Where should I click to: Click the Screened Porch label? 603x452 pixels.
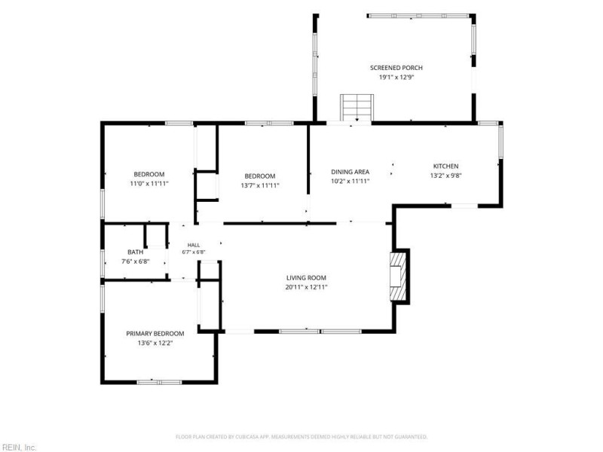pyautogui.click(x=396, y=68)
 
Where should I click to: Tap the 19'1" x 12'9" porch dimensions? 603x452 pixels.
pyautogui.click(x=396, y=78)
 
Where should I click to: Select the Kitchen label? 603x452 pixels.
pyautogui.click(x=445, y=166)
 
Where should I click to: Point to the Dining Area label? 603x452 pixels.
pyautogui.click(x=350, y=172)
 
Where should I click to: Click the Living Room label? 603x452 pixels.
pyautogui.click(x=306, y=278)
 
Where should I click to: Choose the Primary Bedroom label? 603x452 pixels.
pyautogui.click(x=155, y=334)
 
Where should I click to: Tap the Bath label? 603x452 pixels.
pyautogui.click(x=136, y=252)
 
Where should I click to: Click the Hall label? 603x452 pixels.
pyautogui.click(x=194, y=246)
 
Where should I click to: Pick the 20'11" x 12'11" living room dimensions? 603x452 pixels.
pyautogui.click(x=306, y=287)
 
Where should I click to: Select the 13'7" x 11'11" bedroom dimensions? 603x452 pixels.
pyautogui.click(x=260, y=185)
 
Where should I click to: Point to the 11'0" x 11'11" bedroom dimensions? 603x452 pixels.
pyautogui.click(x=149, y=184)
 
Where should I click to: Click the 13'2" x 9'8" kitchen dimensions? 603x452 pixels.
pyautogui.click(x=445, y=176)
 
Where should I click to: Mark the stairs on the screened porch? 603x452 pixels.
pyautogui.click(x=357, y=108)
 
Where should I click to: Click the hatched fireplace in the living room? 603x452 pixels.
pyautogui.click(x=398, y=276)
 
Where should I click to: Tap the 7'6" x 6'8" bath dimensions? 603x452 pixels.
pyautogui.click(x=136, y=261)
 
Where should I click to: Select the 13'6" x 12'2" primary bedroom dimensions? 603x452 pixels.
pyautogui.click(x=155, y=343)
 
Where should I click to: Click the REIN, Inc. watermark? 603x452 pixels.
pyautogui.click(x=18, y=447)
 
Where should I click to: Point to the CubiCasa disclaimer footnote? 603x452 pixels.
pyautogui.click(x=301, y=437)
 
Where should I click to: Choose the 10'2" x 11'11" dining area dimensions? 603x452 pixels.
pyautogui.click(x=350, y=181)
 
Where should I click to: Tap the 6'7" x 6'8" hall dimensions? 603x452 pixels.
pyautogui.click(x=194, y=252)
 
